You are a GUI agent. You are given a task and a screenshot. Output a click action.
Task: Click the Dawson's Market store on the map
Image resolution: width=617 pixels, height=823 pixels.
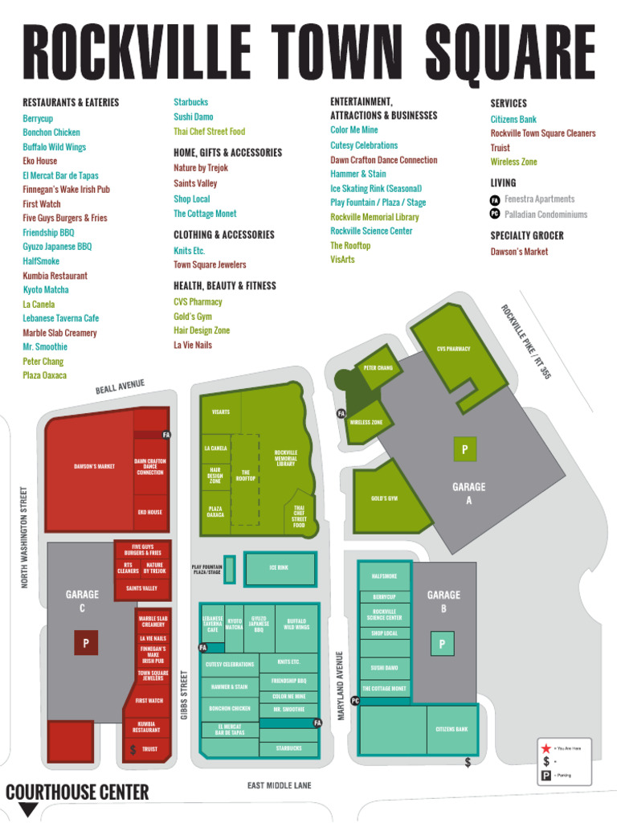click(x=94, y=466)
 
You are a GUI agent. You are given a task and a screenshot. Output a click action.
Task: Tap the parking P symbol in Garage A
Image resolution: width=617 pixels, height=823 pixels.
click(x=464, y=449)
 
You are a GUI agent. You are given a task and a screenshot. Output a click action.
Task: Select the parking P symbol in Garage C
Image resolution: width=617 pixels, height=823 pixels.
click(x=85, y=643)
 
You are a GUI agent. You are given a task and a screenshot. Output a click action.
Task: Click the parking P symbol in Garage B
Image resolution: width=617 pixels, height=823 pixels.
click(x=441, y=643)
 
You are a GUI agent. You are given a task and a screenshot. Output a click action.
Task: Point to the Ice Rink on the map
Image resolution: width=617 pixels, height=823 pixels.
click(x=279, y=568)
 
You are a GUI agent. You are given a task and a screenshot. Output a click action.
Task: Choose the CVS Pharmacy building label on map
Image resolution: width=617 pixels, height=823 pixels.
click(x=453, y=349)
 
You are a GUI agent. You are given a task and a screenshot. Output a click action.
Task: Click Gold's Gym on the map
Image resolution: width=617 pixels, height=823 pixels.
click(x=384, y=498)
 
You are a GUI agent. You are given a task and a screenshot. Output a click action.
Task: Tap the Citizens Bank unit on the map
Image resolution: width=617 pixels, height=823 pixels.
click(x=452, y=729)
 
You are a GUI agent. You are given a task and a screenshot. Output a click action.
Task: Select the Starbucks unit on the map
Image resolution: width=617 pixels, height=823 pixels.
click(x=288, y=748)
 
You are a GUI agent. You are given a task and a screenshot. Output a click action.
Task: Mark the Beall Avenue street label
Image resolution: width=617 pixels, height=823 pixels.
click(x=120, y=387)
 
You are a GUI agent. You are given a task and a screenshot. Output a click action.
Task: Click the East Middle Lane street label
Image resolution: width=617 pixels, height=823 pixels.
click(x=279, y=785)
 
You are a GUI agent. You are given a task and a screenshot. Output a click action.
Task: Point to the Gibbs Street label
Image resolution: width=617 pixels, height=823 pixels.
click(x=184, y=694)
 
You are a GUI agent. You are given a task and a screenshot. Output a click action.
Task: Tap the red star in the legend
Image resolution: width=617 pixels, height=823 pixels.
click(x=546, y=748)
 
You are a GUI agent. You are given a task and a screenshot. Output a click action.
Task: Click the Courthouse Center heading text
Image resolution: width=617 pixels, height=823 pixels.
click(x=77, y=792)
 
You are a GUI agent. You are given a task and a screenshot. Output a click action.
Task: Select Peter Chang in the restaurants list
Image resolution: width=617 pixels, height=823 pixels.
click(x=43, y=362)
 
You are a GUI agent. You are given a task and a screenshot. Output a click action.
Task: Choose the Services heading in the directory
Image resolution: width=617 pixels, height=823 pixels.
click(x=509, y=104)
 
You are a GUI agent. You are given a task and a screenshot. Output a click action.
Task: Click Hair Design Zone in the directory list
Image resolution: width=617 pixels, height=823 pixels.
click(x=202, y=330)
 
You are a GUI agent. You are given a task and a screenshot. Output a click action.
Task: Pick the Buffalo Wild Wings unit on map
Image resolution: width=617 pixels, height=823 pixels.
click(x=296, y=624)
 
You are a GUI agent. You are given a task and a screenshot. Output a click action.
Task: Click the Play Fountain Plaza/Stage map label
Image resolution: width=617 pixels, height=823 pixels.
click(x=206, y=570)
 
